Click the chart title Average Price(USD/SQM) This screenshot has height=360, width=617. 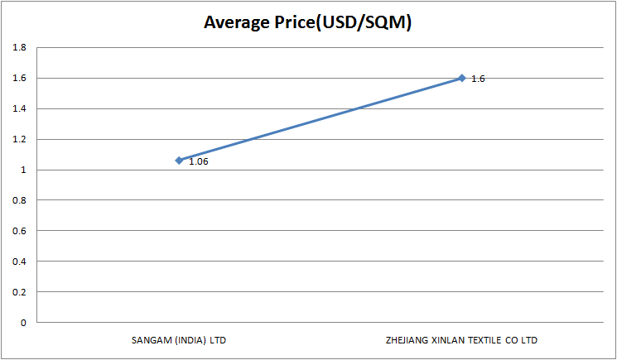[308, 22]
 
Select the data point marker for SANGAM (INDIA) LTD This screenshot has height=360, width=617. [179, 160]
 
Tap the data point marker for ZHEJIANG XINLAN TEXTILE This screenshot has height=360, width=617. [462, 78]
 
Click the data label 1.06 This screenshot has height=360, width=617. [198, 161]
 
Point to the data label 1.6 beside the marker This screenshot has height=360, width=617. [478, 79]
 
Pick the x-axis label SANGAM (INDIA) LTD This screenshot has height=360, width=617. [179, 340]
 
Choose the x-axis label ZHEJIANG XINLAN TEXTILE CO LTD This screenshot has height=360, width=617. [462, 340]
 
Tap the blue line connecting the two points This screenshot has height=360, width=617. [321, 119]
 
